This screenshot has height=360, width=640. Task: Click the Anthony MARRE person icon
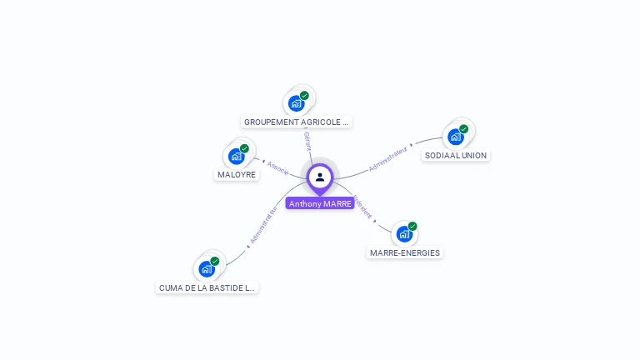(x=320, y=177)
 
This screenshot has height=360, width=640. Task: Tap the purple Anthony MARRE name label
(x=320, y=203)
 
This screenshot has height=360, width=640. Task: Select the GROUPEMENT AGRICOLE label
(x=296, y=122)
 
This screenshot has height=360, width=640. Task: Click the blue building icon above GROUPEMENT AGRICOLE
(x=295, y=104)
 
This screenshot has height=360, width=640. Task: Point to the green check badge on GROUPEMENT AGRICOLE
(x=304, y=96)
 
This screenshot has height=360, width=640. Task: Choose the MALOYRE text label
(x=237, y=174)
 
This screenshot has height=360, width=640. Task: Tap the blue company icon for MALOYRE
(x=237, y=156)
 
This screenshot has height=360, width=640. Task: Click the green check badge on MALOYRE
(x=244, y=148)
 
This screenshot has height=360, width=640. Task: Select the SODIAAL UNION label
(x=455, y=155)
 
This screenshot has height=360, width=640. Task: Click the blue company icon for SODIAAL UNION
(x=455, y=137)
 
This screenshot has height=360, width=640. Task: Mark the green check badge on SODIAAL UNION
(x=463, y=129)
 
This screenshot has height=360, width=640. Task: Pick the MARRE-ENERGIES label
(x=405, y=252)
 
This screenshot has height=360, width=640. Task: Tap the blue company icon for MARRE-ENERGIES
(x=404, y=234)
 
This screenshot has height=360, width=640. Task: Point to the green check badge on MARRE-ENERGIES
(x=412, y=226)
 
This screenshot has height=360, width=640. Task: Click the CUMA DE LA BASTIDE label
(x=207, y=287)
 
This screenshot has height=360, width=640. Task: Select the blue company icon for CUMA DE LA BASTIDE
(x=206, y=269)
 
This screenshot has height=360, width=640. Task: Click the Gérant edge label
(x=307, y=140)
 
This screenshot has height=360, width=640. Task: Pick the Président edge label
(x=362, y=207)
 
